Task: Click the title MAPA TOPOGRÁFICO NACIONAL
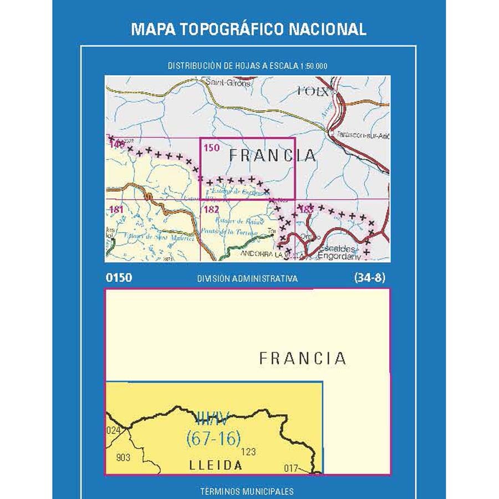coord(248,29)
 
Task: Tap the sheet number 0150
coord(119,278)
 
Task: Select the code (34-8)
coord(369,278)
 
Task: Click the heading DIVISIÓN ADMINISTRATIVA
coord(247,279)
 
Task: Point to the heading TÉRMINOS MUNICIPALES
coord(247,491)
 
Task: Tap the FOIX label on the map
coord(313,90)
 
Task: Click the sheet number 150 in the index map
coord(212,148)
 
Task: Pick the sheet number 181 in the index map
coord(116,210)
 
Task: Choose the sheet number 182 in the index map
coord(212,210)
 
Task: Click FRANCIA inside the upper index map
coord(272,156)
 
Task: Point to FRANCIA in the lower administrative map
coord(303,358)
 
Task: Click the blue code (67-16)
coord(213,439)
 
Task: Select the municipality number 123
coord(249,452)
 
